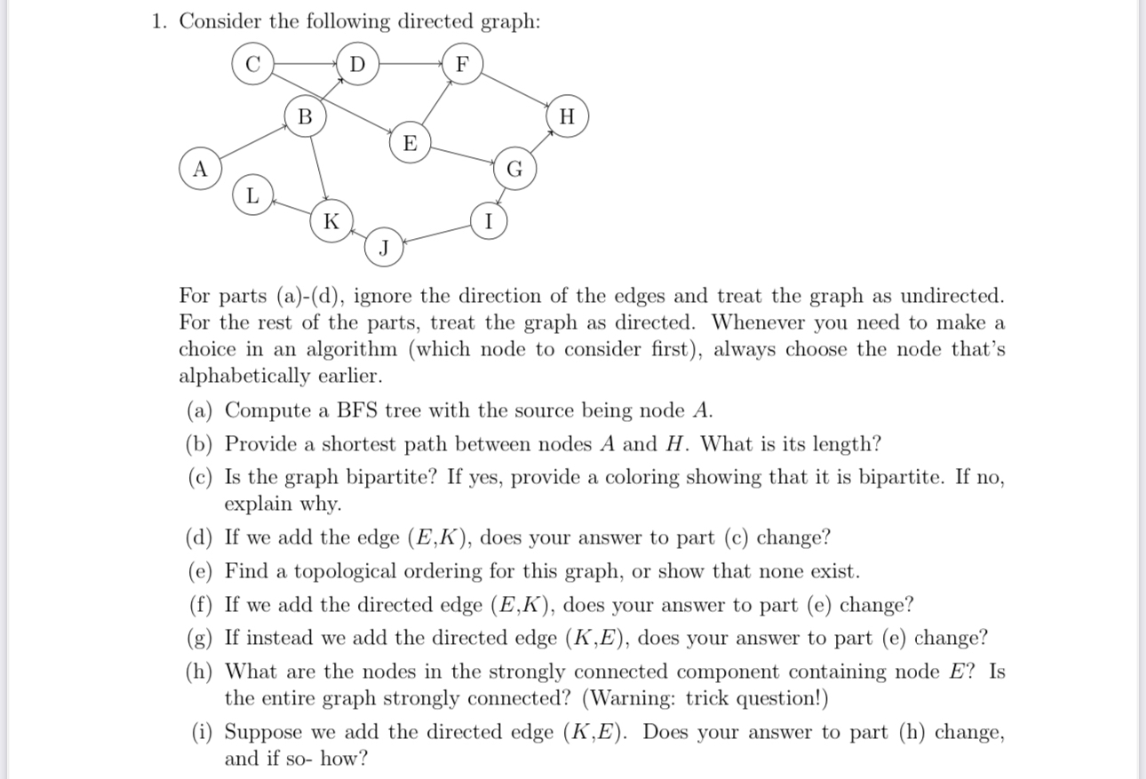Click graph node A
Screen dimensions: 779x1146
click(x=202, y=169)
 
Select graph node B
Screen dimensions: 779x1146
click(x=306, y=116)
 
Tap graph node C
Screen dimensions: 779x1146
click(x=253, y=65)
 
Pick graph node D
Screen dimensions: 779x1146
click(x=357, y=65)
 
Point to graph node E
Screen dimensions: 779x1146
click(x=410, y=143)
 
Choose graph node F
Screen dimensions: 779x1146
click(x=461, y=65)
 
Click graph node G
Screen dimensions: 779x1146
click(x=513, y=169)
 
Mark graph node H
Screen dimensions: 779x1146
click(x=569, y=116)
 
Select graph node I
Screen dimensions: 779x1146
click(x=488, y=221)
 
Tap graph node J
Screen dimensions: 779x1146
click(x=384, y=247)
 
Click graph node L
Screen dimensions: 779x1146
click(x=253, y=195)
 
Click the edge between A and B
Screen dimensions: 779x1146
click(x=253, y=143)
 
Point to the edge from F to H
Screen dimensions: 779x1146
click(x=515, y=91)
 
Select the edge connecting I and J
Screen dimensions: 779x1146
click(x=436, y=234)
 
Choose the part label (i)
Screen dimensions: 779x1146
click(x=204, y=733)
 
